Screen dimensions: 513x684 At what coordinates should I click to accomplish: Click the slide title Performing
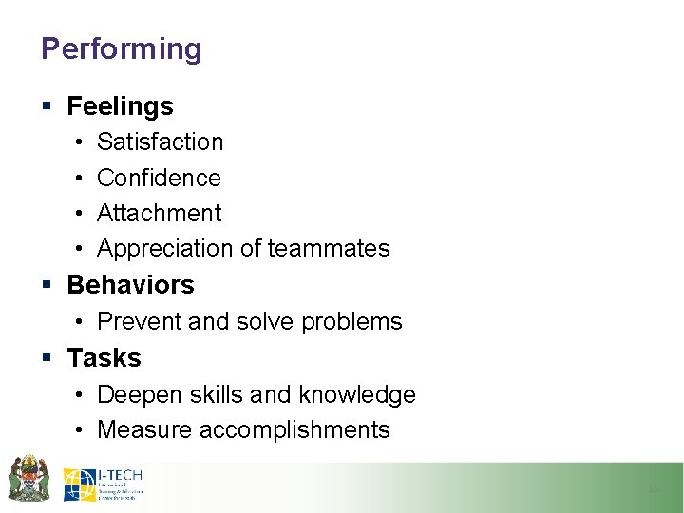122,48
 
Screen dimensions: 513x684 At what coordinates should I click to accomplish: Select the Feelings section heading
120,106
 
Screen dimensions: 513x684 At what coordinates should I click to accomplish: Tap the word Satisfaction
160,142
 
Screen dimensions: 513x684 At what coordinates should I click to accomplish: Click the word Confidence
159,178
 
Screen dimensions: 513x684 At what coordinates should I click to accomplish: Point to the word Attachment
159,213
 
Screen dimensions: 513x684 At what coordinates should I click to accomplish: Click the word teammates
329,249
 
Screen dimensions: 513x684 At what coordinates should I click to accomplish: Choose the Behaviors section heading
130,285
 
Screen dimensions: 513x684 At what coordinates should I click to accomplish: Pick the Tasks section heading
104,358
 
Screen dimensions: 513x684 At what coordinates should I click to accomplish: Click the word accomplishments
294,429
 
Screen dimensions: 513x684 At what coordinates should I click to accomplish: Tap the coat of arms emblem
28,478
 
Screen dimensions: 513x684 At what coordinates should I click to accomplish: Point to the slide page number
653,487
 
